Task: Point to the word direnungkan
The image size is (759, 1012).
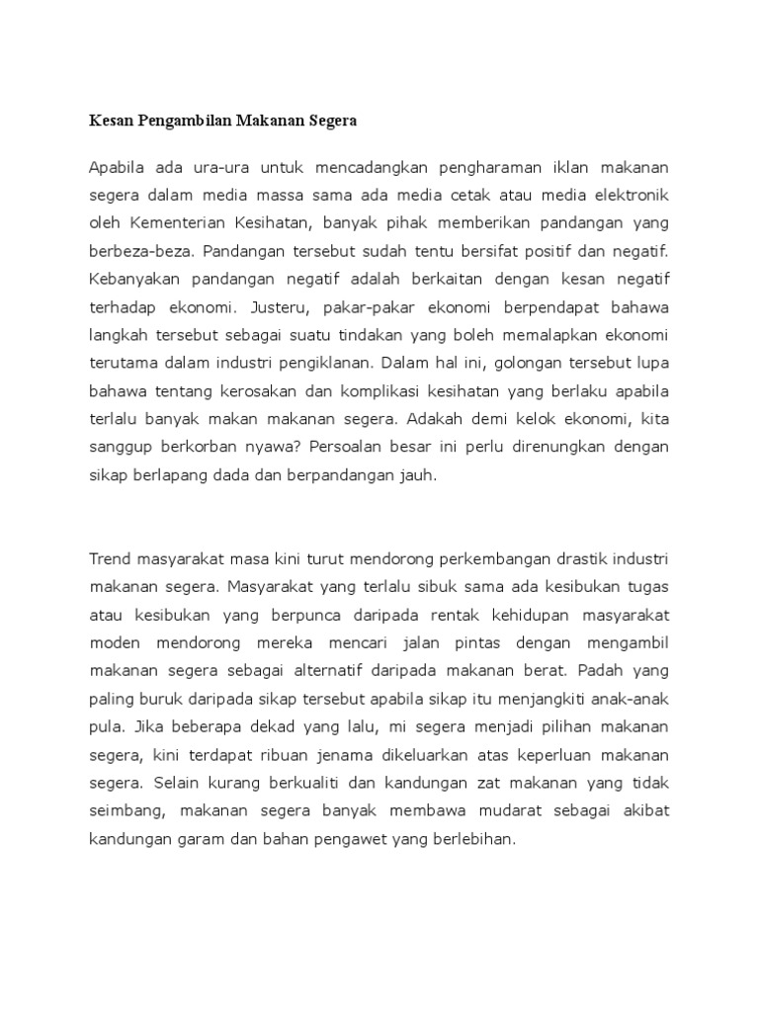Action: (535, 447)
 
